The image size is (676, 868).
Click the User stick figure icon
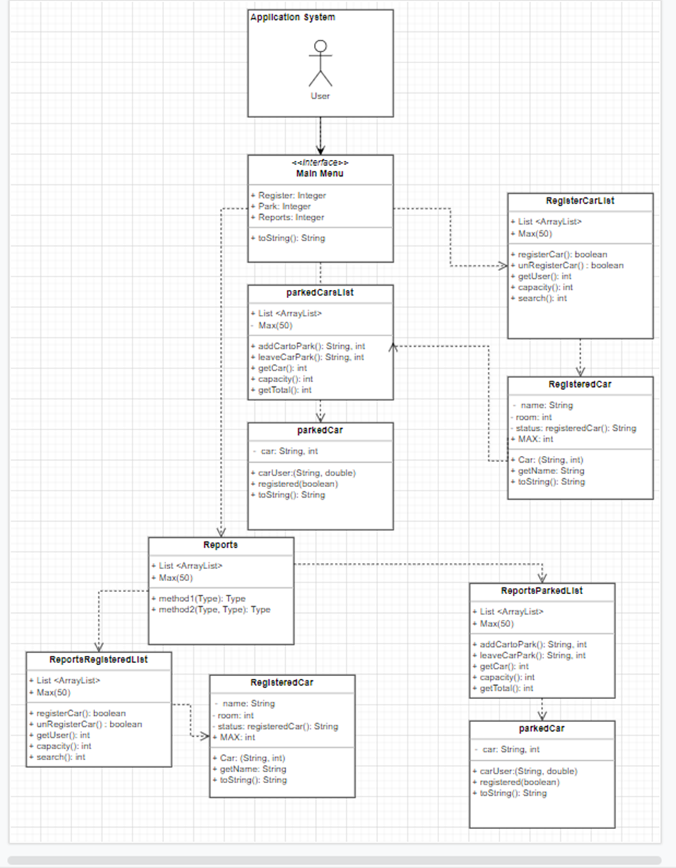320,64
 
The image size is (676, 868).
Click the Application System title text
292,17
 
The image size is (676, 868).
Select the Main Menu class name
320,174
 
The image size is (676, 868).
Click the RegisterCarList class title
580,201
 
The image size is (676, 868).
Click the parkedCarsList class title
320,293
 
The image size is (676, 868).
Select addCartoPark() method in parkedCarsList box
311,346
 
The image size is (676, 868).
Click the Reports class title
220,546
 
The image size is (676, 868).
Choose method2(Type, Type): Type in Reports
214,609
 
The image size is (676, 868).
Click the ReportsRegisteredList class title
99,660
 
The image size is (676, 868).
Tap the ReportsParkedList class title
542,591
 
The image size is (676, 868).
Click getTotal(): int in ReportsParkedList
506,689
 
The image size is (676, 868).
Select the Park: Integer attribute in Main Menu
284,206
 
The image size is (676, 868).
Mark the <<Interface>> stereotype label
320,163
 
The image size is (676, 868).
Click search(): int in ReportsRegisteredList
60,758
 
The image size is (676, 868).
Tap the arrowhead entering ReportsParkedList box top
542,578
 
